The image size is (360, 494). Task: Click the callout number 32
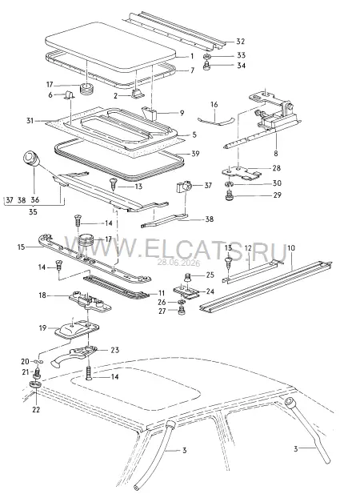coord(241,42)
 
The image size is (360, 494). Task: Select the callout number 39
coord(195,154)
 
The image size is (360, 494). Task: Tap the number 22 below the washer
coord(36,410)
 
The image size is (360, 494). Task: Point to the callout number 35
coord(33,211)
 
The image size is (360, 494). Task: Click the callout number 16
coord(214,104)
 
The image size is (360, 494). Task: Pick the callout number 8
coord(276,154)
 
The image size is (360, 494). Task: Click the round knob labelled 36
coord(31,158)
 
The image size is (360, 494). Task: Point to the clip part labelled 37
coord(184,187)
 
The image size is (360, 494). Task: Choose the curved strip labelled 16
coord(216,121)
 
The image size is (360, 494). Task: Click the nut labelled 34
coord(206,66)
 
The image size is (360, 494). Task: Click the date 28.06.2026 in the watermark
coord(178,263)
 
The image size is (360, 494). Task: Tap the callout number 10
coord(291,248)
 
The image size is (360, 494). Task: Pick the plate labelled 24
coord(186,292)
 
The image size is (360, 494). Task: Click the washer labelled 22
coord(35,384)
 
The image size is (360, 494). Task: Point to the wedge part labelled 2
coord(138,94)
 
